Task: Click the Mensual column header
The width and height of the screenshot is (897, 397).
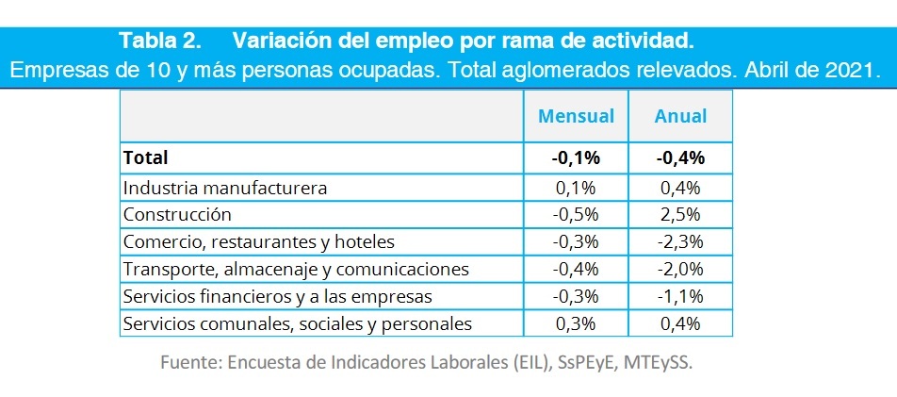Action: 576,116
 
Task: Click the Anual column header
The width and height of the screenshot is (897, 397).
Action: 680,116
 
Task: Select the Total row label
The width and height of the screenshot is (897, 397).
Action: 145,158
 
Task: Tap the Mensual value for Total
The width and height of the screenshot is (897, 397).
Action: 576,158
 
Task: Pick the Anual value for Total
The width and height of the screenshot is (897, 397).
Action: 680,158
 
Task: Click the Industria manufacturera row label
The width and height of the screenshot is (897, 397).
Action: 225,187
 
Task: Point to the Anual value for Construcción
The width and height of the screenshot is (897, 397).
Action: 680,214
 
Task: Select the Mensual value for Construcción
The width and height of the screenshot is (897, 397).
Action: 576,214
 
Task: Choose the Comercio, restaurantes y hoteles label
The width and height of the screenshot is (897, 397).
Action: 259,241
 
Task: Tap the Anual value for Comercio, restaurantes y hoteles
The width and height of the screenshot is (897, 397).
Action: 680,241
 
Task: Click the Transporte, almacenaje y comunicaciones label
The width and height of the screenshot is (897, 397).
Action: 296,269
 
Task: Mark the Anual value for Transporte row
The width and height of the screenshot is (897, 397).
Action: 680,269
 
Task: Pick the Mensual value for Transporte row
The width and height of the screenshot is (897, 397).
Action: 576,269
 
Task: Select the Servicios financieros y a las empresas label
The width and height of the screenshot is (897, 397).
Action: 277,296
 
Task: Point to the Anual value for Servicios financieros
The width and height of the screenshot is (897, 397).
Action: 680,296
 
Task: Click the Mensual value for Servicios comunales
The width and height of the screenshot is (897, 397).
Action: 576,323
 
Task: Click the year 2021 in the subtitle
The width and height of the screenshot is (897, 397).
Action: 848,70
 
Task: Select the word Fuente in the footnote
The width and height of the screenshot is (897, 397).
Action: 188,363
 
